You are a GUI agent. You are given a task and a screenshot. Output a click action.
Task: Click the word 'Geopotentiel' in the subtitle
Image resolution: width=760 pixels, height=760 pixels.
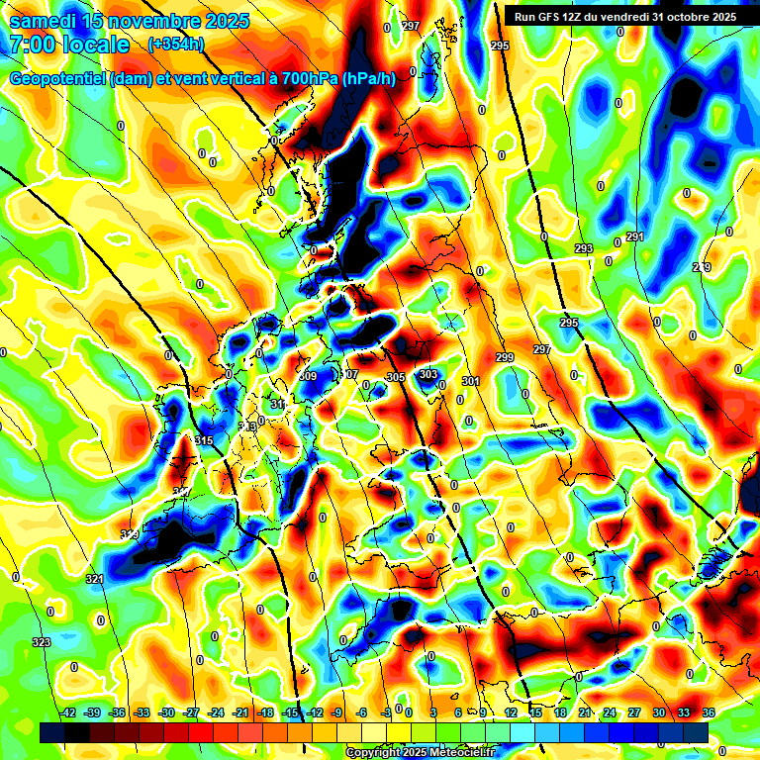(x=58, y=79)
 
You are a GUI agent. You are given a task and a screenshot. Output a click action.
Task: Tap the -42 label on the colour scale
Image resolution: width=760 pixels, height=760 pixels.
(x=68, y=712)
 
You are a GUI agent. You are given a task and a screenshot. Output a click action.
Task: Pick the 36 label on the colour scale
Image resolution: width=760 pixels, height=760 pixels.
(x=709, y=712)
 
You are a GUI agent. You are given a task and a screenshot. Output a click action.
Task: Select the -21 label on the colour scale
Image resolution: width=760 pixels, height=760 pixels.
(x=240, y=712)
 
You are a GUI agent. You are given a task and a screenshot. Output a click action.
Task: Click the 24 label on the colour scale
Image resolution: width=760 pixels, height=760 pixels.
(x=610, y=712)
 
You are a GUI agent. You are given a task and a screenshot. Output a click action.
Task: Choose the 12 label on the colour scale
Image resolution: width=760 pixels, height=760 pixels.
(x=511, y=712)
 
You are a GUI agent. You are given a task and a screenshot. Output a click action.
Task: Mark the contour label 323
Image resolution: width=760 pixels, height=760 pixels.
(x=42, y=642)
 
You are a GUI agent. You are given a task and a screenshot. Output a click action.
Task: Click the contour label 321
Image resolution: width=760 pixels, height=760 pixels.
(x=94, y=579)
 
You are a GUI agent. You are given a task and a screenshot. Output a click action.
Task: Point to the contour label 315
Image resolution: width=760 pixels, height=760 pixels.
(x=205, y=440)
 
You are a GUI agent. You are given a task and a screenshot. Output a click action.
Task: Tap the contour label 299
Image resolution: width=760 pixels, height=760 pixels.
(x=505, y=357)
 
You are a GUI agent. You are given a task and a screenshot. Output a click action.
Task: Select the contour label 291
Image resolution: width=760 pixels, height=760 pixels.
(x=634, y=237)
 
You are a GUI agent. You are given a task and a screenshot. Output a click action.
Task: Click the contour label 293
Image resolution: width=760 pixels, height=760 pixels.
(x=583, y=248)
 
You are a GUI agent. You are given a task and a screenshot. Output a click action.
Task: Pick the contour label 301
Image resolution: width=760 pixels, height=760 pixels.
(x=470, y=381)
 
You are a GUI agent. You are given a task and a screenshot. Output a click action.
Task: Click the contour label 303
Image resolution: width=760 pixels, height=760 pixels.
(x=427, y=374)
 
